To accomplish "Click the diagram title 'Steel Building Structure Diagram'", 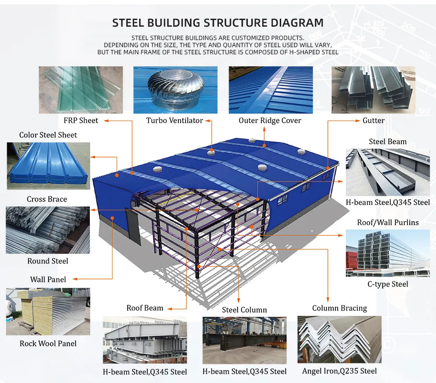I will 218,23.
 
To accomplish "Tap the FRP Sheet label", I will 81,121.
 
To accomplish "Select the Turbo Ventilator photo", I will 175,90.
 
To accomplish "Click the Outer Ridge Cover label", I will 270,121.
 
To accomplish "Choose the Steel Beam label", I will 388,141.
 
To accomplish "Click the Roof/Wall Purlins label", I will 388,222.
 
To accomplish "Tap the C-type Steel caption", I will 388,284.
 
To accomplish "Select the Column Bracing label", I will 339,308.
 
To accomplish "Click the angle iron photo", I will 339,339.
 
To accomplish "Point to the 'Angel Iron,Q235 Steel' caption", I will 339,371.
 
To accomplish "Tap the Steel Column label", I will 244,310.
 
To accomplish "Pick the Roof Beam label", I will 145,308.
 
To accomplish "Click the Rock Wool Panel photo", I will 48,311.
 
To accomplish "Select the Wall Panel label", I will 48,279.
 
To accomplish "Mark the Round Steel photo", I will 48,230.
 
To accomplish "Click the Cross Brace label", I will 47,199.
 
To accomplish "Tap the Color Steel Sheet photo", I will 48,165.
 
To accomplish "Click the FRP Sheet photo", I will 81,90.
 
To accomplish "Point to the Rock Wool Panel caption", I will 48,343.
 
